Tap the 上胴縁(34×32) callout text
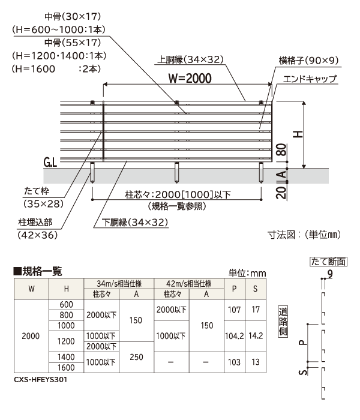click(191, 60)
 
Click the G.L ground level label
click(51, 163)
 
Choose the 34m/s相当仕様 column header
click(119, 284)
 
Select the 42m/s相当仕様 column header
click(188, 284)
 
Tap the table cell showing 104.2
click(235, 336)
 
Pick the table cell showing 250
click(136, 356)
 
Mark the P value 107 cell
click(235, 310)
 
